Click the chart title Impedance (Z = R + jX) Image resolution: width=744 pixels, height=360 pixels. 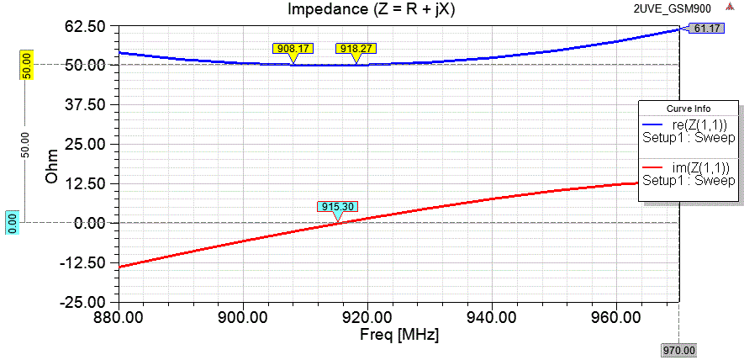(x=372, y=10)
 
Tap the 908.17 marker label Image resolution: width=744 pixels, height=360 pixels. (x=292, y=49)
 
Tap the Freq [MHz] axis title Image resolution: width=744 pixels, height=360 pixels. (x=398, y=334)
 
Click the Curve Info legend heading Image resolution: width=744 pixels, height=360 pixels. (x=689, y=109)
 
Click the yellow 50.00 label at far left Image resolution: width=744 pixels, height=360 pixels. (x=26, y=65)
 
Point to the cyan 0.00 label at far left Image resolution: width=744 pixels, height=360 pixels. (x=13, y=222)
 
